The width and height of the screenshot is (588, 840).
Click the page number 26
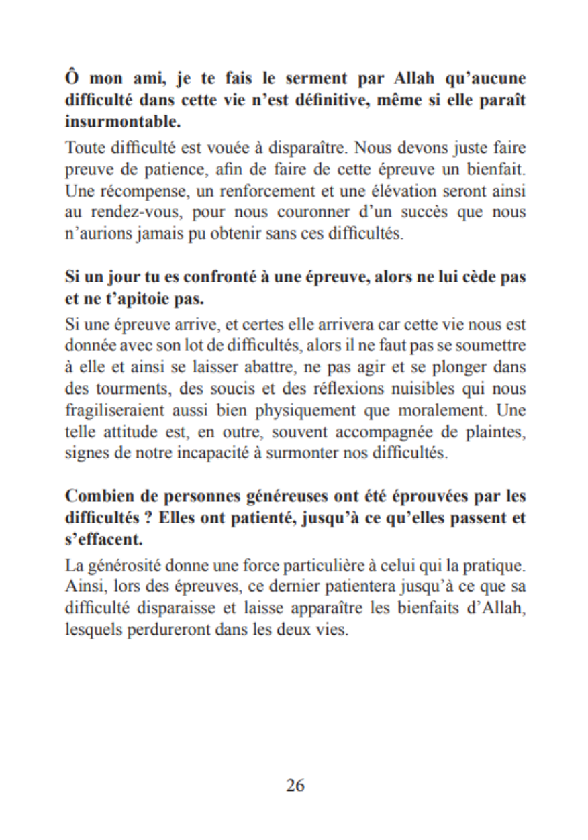295,784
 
